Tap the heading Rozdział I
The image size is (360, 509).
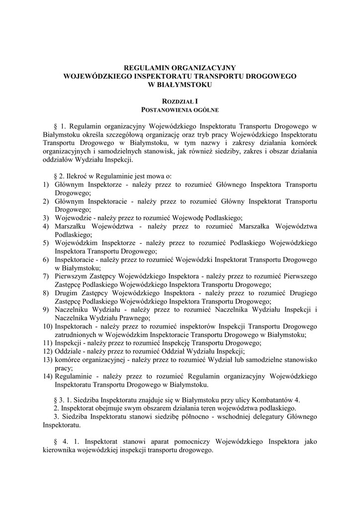pyautogui.click(x=180, y=100)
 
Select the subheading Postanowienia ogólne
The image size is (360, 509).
pyautogui.click(x=180, y=109)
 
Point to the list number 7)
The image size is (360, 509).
pyautogui.click(x=45, y=276)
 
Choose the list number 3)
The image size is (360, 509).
pyautogui.click(x=45, y=218)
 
